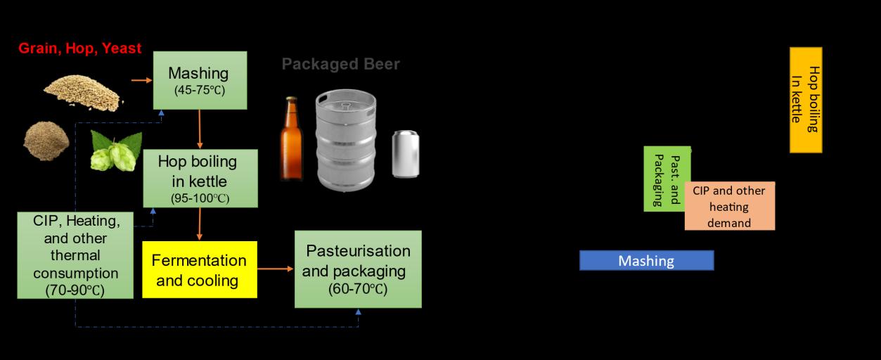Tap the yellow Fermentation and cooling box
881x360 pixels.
(200, 270)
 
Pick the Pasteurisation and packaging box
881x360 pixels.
(358, 269)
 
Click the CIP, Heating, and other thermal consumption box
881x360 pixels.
(75, 255)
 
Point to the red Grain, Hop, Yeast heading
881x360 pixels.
(79, 49)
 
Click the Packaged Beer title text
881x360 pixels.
(340, 65)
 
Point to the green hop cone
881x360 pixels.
(115, 150)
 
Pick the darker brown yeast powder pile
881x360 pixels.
(46, 140)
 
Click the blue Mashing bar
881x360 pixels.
(646, 261)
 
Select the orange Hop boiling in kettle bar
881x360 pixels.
(806, 100)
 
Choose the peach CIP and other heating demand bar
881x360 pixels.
(730, 207)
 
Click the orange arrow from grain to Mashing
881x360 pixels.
(141, 80)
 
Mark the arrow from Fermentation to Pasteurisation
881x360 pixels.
(275, 269)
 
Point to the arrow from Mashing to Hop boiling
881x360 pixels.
(200, 130)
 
